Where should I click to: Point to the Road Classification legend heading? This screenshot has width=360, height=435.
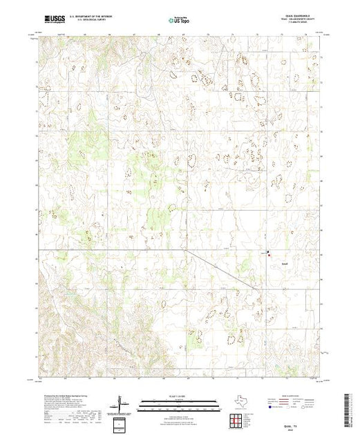[290, 396]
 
